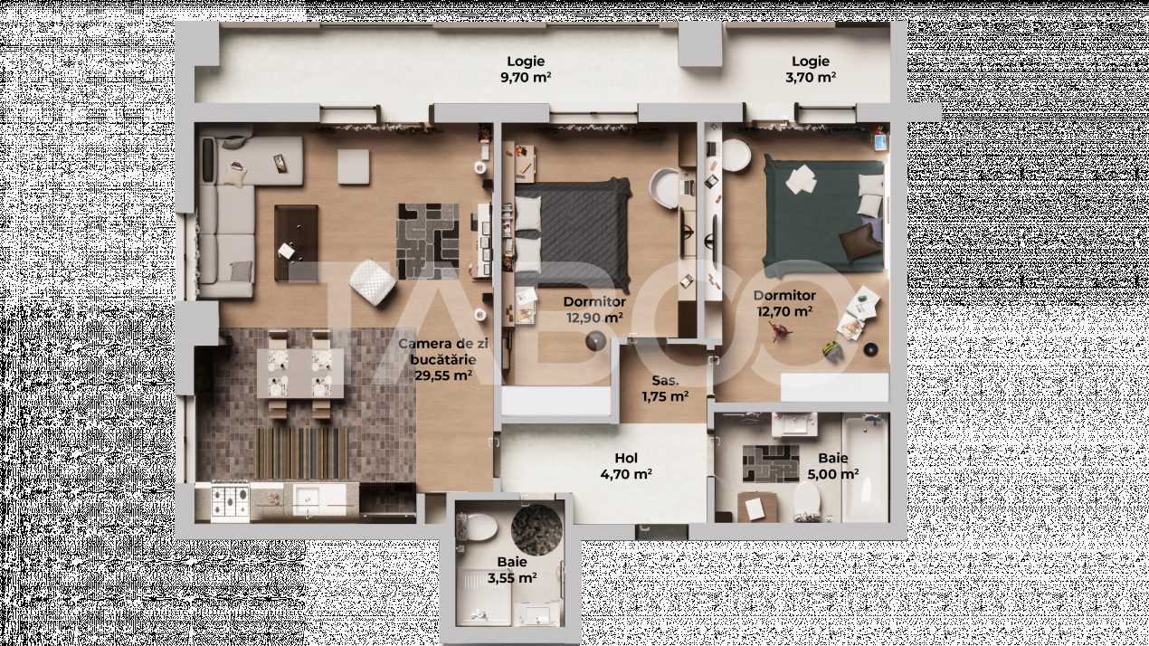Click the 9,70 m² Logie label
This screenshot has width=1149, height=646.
(x=526, y=70)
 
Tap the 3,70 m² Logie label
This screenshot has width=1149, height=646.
(x=810, y=70)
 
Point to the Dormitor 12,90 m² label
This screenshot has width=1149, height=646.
(x=594, y=309)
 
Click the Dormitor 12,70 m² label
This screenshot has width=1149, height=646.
(x=784, y=303)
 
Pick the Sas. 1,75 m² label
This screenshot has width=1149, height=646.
(x=665, y=388)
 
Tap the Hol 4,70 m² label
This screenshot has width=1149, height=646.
(x=626, y=466)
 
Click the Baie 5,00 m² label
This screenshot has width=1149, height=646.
(x=832, y=466)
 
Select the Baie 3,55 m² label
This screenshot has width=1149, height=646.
(x=511, y=570)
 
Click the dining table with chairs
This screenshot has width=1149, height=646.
(x=300, y=373)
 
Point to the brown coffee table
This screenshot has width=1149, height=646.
(x=296, y=242)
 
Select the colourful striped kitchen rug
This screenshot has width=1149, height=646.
(x=303, y=452)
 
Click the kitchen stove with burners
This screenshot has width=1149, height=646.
(x=230, y=499)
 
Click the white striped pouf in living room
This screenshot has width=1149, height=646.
(x=371, y=281)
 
